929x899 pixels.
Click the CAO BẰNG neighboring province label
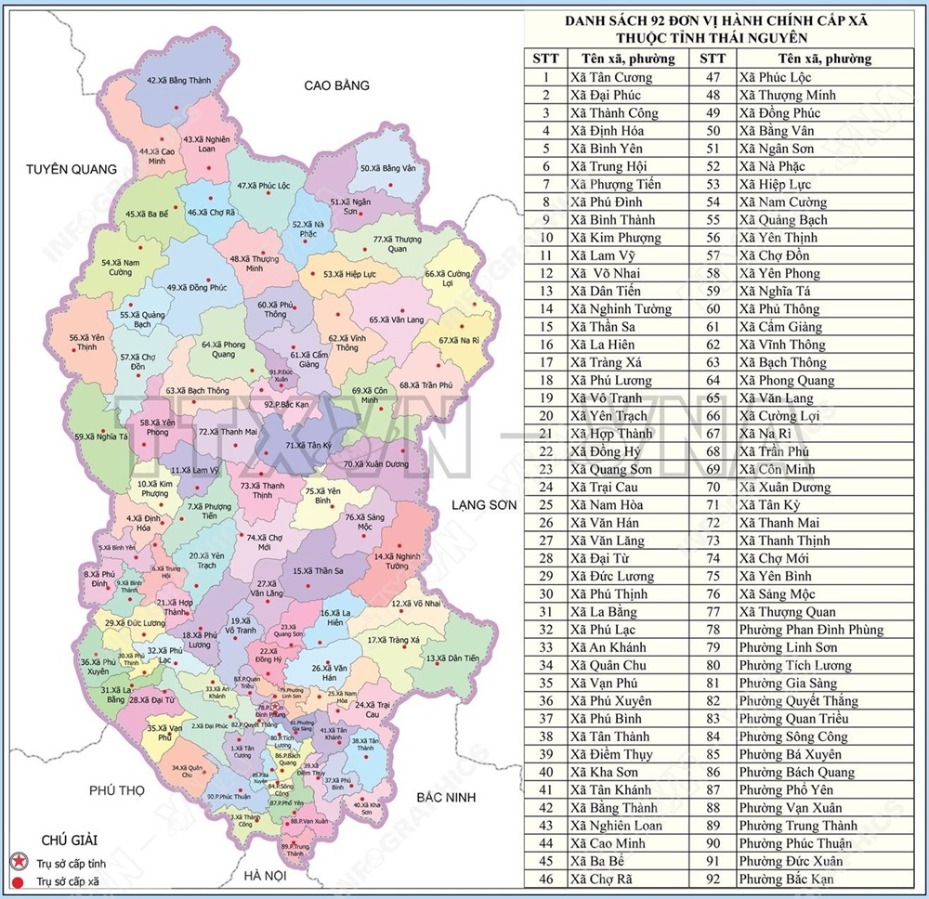(x=336, y=85)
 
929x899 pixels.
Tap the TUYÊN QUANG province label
(x=72, y=169)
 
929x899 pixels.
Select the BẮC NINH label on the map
(x=446, y=798)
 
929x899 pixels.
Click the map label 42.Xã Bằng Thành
(x=179, y=81)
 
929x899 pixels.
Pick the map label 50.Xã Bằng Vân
(x=387, y=168)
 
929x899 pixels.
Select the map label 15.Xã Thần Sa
(x=318, y=571)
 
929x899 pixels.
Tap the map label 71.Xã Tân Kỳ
(x=308, y=446)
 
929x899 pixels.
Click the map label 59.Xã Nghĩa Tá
(x=101, y=436)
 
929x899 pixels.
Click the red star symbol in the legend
(x=16, y=862)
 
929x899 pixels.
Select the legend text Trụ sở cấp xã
(x=68, y=879)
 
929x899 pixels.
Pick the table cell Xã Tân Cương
(x=612, y=77)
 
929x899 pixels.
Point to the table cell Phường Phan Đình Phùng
(x=810, y=630)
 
